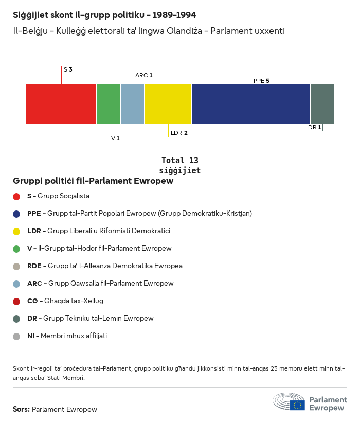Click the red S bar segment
61,104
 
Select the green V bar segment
109,104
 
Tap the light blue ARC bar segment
132,104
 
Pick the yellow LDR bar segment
168,104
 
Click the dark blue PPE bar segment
251,104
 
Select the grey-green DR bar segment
322,104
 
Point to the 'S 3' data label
68,69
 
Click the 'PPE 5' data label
261,81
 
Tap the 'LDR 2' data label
179,133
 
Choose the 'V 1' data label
115,139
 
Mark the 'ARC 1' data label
143,75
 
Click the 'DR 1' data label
315,127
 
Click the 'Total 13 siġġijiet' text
179,165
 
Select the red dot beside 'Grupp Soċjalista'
16,196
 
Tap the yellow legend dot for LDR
16,231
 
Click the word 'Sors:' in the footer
21,410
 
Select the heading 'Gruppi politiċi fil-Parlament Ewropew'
93,181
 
